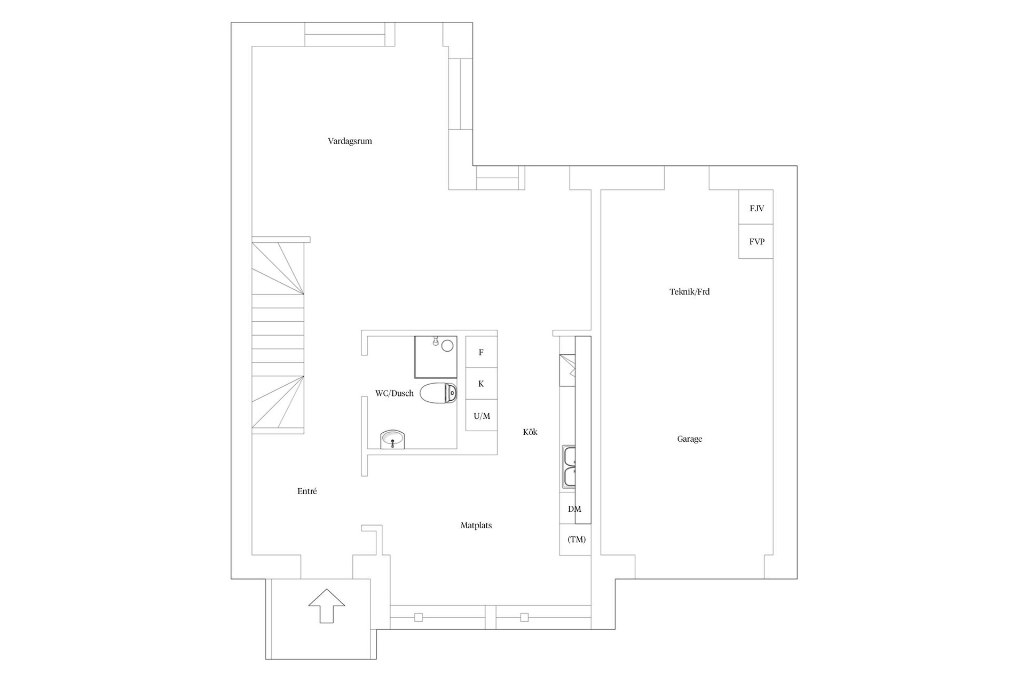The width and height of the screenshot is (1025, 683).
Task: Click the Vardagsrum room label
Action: [350, 141]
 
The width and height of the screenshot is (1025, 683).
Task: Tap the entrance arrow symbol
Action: [326, 606]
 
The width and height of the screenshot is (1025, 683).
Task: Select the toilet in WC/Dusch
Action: [439, 393]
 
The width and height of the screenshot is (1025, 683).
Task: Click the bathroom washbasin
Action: [393, 440]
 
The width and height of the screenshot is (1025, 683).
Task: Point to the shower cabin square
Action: [436, 356]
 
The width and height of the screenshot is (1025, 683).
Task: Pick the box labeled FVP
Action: [756, 242]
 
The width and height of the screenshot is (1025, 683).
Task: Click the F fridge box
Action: [482, 352]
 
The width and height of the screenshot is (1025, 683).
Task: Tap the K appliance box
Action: [482, 384]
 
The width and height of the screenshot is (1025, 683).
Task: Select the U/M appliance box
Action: [482, 415]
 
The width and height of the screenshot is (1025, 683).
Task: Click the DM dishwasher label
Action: [574, 509]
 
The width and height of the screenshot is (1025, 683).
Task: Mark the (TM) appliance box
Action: [575, 539]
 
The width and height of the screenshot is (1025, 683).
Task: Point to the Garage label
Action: [690, 439]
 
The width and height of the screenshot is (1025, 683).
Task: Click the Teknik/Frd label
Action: [690, 292]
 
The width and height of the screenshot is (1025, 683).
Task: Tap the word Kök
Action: [530, 432]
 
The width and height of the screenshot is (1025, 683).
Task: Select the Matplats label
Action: [476, 526]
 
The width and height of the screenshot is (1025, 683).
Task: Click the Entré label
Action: [307, 491]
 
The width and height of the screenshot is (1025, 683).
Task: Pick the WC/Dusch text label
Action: [395, 393]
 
